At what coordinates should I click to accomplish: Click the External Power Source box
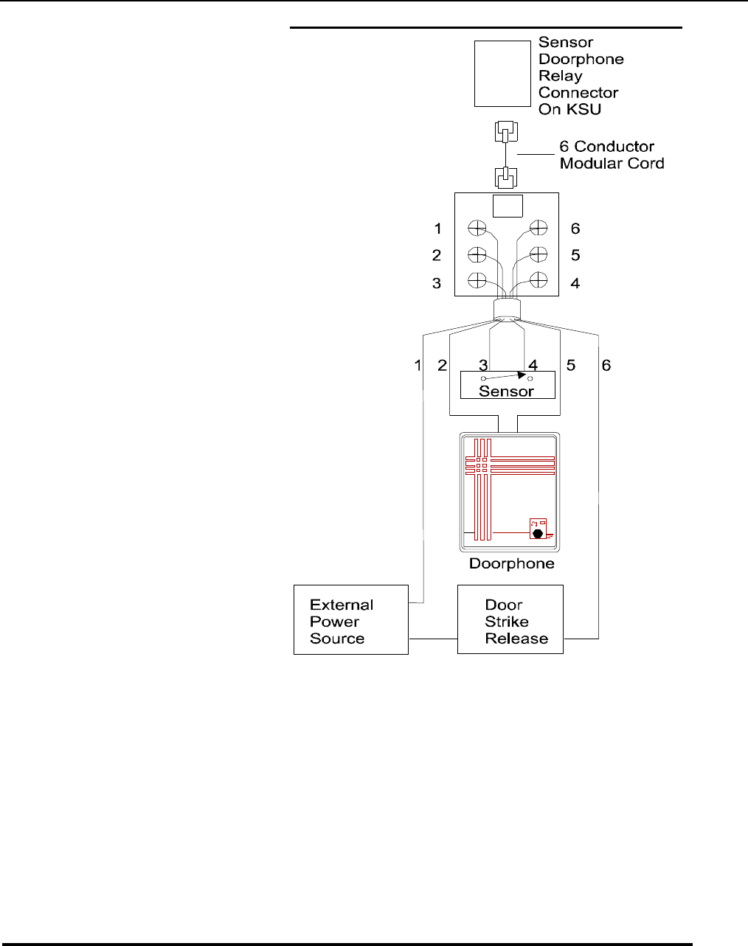[350, 619]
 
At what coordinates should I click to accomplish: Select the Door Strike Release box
[510, 619]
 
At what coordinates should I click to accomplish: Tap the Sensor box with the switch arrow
[508, 385]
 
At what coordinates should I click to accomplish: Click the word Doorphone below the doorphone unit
[511, 564]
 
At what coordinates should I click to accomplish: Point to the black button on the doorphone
[538, 533]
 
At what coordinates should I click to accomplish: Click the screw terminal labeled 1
[477, 228]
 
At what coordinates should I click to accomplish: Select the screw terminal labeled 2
[477, 254]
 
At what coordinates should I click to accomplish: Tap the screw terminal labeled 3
[477, 280]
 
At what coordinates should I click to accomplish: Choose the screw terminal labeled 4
[539, 280]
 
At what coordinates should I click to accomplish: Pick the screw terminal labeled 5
[539, 254]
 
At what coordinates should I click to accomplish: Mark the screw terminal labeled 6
[539, 228]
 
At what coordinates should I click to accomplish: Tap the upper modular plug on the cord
[505, 133]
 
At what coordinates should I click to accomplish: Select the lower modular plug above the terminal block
[505, 178]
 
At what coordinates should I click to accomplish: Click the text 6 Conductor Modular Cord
[611, 155]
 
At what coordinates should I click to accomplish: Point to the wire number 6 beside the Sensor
[606, 365]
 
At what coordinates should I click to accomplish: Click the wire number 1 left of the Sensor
[418, 365]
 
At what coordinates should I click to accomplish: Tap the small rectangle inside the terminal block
[508, 206]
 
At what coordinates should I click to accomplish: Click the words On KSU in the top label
[569, 110]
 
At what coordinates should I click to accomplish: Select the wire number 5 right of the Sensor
[569, 365]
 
